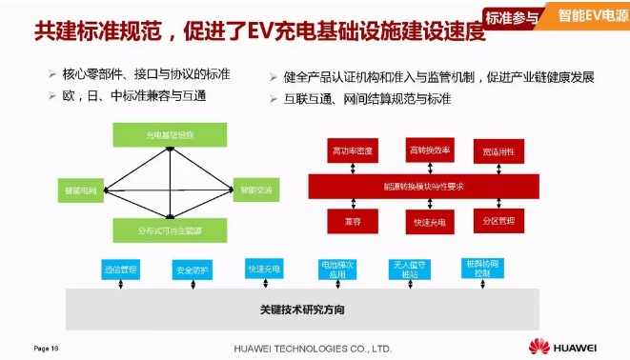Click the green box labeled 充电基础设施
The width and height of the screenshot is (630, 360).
coord(170,135)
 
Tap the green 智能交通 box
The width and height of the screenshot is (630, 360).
coord(255,190)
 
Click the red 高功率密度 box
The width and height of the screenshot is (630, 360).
coord(353,150)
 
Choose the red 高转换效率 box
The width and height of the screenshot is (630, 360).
coord(426,150)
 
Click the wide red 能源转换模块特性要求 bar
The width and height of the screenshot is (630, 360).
coord(423,187)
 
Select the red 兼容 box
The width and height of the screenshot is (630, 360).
coord(353,221)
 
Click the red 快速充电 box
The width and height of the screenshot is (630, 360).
coord(426,222)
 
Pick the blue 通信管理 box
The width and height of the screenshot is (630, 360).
coord(121,270)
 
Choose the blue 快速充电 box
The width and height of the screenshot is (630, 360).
coord(263,269)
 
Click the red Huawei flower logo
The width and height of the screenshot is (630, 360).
coord(539,345)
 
